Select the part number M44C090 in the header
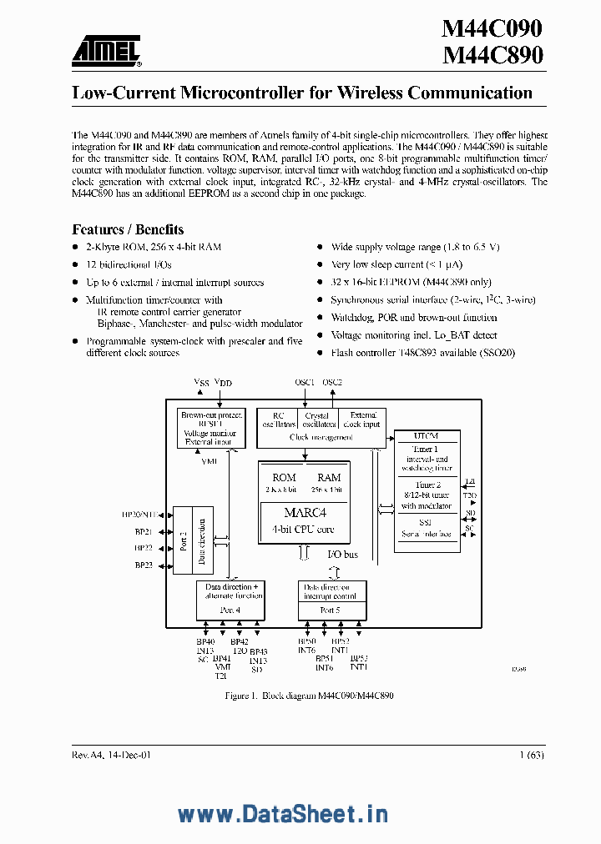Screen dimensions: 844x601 click(492, 28)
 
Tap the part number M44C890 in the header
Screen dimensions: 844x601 click(492, 56)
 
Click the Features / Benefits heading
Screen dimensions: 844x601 click(128, 229)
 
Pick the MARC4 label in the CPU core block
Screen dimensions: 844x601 click(303, 513)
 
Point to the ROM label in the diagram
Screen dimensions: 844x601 click(284, 477)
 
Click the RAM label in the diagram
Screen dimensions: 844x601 click(329, 477)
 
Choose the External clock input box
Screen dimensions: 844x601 click(363, 419)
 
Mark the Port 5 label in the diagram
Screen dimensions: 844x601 click(331, 610)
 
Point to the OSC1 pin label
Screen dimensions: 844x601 click(305, 382)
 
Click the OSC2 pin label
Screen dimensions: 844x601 click(333, 382)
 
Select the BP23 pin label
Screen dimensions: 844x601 click(143, 565)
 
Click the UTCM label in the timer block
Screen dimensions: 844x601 click(426, 436)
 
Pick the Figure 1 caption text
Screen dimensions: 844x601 click(309, 695)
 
